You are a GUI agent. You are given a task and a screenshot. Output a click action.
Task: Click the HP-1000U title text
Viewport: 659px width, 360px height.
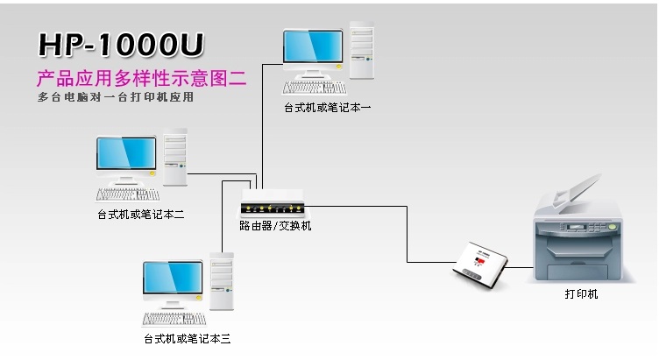[x=121, y=45]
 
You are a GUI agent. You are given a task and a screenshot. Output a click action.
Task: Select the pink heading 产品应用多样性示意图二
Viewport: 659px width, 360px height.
[x=142, y=78]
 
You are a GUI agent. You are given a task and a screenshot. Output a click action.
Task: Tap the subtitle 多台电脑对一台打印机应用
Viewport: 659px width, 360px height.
[x=116, y=97]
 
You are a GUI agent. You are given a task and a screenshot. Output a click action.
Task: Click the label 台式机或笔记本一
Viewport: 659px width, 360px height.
[x=328, y=108]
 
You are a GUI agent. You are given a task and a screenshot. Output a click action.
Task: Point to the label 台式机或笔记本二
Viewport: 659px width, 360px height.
[x=141, y=215]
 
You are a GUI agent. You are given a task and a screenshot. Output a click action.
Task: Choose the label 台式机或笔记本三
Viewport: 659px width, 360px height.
[x=187, y=339]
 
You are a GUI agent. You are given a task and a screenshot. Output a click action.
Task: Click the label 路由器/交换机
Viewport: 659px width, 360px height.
[x=275, y=226]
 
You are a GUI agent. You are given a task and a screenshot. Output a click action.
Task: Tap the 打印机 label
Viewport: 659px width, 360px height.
[x=581, y=294]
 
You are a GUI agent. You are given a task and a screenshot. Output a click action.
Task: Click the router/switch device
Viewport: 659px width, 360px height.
[x=273, y=202]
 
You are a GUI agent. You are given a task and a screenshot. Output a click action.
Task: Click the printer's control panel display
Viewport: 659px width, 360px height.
[x=577, y=228]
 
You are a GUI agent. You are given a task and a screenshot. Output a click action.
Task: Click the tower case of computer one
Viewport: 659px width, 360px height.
[x=361, y=51]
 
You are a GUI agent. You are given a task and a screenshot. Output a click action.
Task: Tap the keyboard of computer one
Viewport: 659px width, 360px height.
[x=315, y=88]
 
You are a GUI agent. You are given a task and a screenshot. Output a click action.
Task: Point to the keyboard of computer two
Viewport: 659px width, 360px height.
[x=128, y=194]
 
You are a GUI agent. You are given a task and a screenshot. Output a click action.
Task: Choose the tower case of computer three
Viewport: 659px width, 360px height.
[x=222, y=281]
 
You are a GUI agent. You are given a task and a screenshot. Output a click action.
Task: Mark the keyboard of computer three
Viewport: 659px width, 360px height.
[x=174, y=320]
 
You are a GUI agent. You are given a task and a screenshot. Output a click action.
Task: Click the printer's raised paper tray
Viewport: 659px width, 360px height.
[x=578, y=192]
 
